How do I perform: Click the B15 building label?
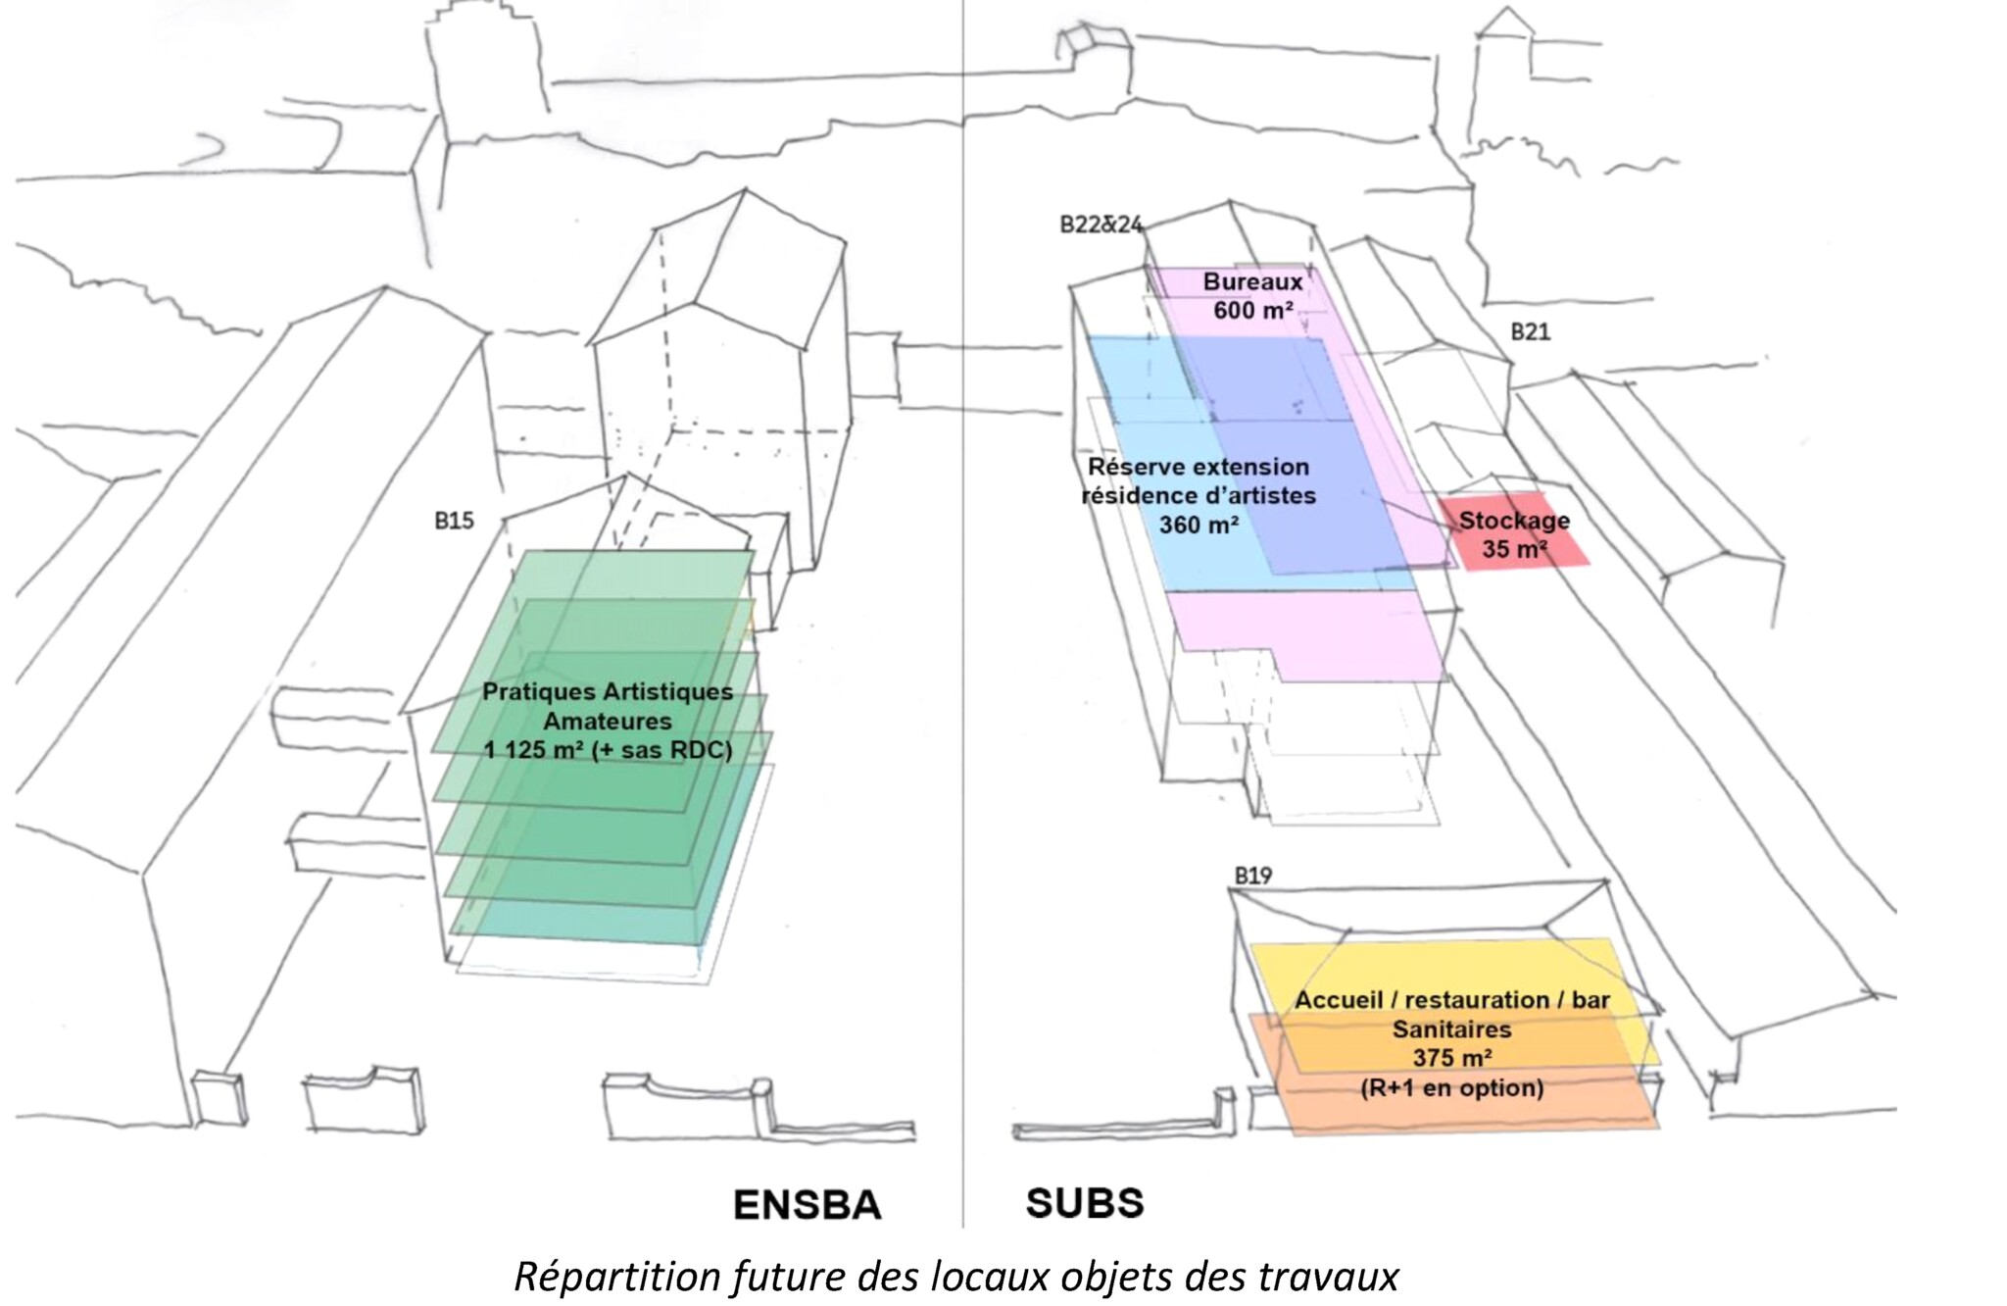coord(454,521)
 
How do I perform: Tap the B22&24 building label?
coord(1101,225)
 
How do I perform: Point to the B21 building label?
coord(1530,332)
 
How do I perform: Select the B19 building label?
coord(1252,876)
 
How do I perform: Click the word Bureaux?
coord(1252,282)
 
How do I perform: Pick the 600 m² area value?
coord(1252,311)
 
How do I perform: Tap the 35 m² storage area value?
coord(1514,549)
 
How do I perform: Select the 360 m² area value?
coord(1198,526)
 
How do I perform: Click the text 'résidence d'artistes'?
coord(1198,496)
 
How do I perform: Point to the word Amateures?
coord(608,722)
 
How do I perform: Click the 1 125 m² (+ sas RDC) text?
coord(608,751)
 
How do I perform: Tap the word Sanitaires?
coord(1451,1030)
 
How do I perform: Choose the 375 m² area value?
coord(1451,1058)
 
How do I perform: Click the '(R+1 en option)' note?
coord(1451,1087)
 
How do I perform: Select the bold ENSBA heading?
coord(807,1205)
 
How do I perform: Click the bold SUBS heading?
coord(1084,1203)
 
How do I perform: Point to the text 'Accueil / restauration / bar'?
coord(1451,1000)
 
